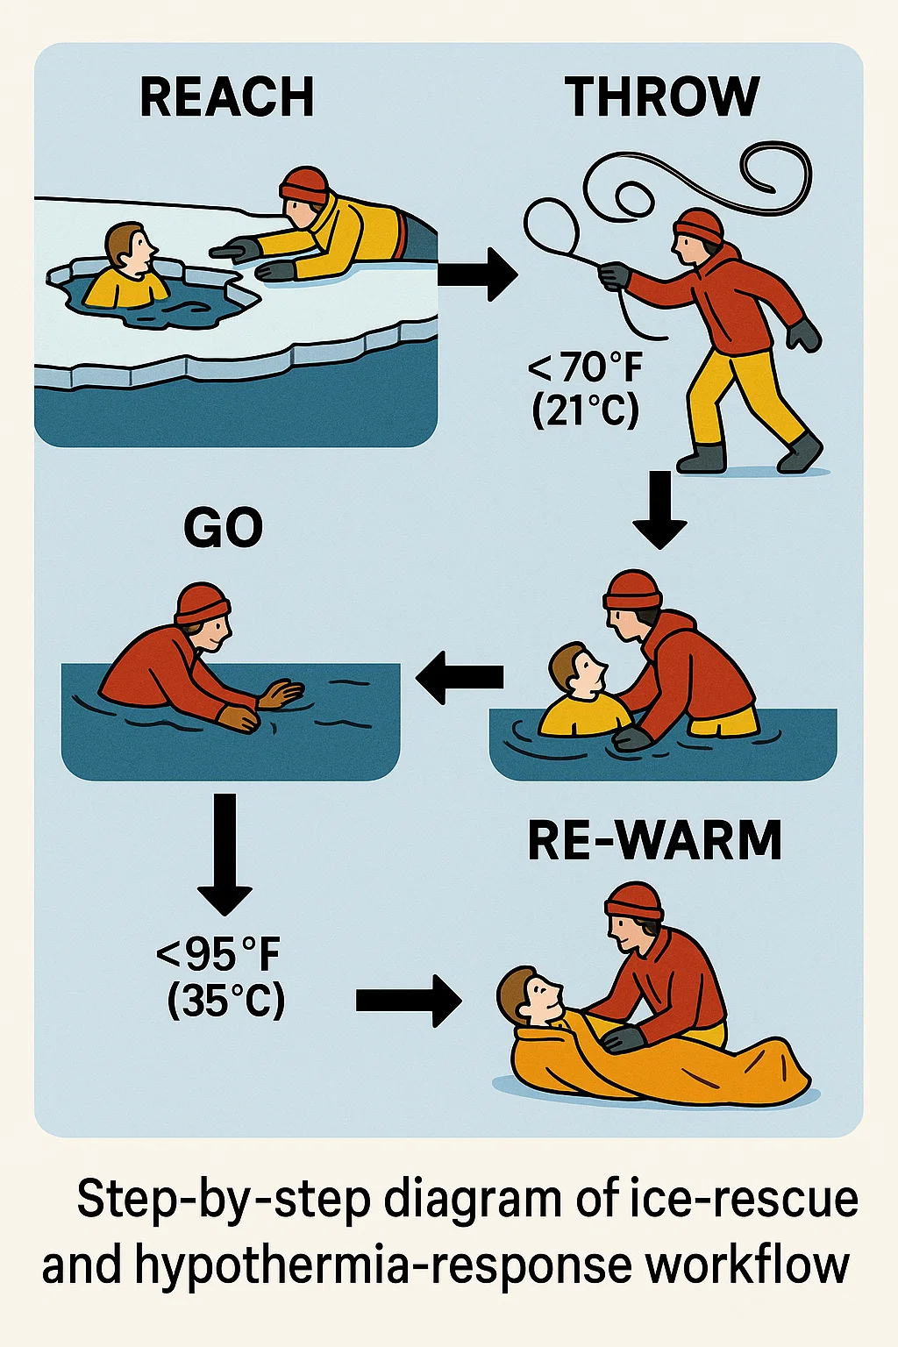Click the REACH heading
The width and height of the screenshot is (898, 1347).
pyautogui.click(x=227, y=96)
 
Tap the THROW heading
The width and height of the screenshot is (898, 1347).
pyautogui.click(x=661, y=96)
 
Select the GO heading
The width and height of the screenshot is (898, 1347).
pyautogui.click(x=223, y=527)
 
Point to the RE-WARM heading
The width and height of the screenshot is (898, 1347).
pyautogui.click(x=654, y=840)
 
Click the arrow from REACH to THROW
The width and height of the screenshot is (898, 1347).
pyautogui.click(x=478, y=274)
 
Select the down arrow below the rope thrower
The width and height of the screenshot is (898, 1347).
pyautogui.click(x=659, y=510)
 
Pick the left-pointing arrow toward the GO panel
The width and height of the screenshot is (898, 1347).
pyautogui.click(x=460, y=677)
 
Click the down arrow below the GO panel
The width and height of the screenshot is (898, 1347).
pyautogui.click(x=224, y=854)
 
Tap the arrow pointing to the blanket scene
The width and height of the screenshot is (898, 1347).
pyautogui.click(x=409, y=1001)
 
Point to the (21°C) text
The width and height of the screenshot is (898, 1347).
pyautogui.click(x=585, y=411)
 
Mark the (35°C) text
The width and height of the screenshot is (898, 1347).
pyautogui.click(x=225, y=1000)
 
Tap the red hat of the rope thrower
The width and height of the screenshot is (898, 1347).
pyautogui.click(x=698, y=226)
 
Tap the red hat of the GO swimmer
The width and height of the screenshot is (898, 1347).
pyautogui.click(x=202, y=603)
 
